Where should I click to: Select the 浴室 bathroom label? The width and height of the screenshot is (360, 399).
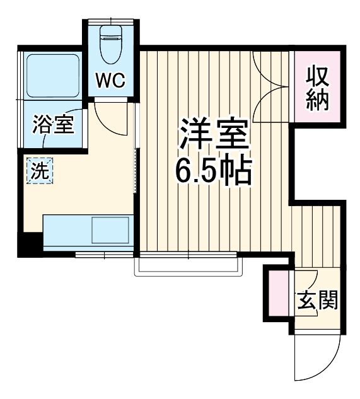click(54, 124)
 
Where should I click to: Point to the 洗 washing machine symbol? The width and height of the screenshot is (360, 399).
click(39, 171)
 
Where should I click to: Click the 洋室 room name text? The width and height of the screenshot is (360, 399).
click(214, 134)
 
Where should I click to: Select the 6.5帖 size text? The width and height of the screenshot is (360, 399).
click(213, 171)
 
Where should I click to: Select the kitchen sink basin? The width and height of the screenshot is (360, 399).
click(110, 230)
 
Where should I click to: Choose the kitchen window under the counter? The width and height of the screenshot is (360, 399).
click(104, 254)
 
